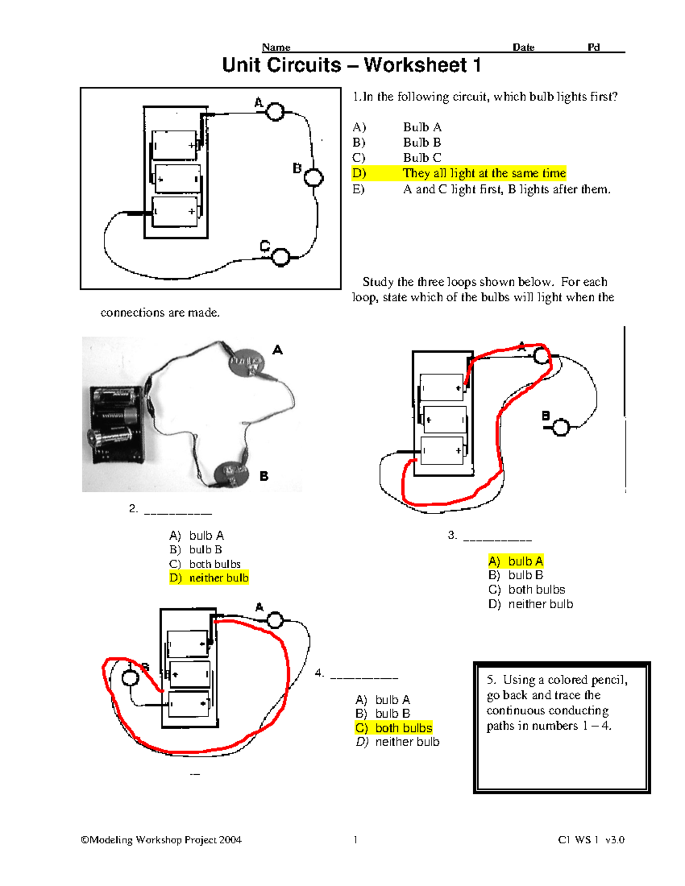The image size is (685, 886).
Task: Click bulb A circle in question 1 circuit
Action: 275,112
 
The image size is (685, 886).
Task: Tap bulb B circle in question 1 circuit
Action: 313,177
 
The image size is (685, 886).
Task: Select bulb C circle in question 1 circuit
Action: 280,257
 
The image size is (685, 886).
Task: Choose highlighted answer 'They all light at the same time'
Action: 483,173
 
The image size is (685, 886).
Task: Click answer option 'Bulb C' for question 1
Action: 422,158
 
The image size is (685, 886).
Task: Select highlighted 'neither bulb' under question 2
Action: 219,578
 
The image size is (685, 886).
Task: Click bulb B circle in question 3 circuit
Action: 561,427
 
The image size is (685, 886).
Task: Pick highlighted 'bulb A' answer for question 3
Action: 525,561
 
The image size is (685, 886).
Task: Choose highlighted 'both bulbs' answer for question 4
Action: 403,728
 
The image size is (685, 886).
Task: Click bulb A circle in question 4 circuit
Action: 275,620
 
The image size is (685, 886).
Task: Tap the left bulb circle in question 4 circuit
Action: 131,678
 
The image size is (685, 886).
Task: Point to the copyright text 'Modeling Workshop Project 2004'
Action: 165,840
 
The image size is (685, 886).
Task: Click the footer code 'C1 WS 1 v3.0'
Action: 591,840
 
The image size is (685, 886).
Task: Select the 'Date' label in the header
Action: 523,47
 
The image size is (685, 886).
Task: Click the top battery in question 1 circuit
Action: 174,145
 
